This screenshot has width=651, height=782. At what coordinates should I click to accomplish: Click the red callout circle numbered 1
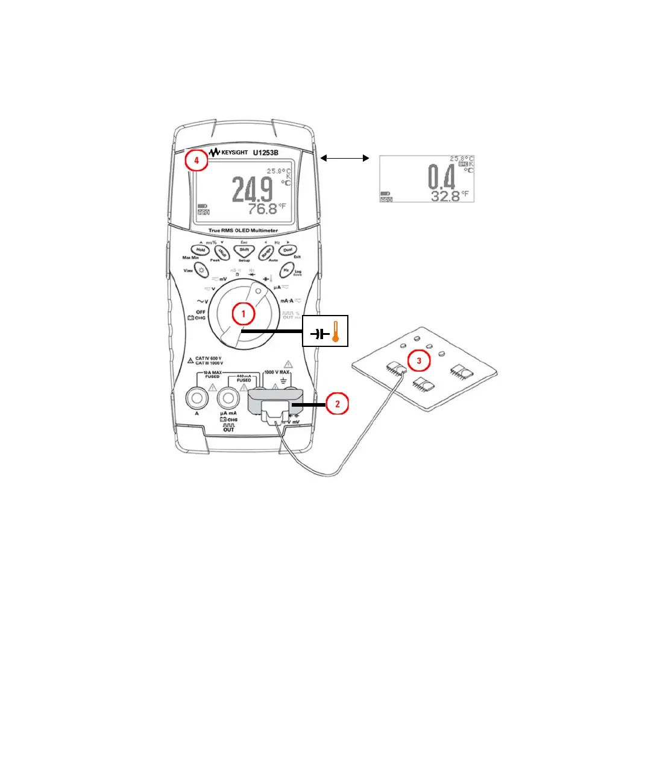[244, 314]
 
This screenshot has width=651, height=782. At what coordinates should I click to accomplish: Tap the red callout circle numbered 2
[337, 404]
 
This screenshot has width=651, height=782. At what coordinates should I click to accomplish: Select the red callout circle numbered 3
[419, 361]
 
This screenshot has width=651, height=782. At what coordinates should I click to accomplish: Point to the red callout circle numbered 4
[197, 161]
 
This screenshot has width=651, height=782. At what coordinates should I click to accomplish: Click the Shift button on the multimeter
[244, 250]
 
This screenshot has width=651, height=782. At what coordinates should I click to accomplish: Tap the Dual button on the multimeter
[288, 250]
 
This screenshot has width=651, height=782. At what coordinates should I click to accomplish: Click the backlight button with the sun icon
[201, 270]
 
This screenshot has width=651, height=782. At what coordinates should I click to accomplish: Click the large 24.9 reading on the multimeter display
[253, 189]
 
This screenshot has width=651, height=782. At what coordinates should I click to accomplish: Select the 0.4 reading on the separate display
[441, 177]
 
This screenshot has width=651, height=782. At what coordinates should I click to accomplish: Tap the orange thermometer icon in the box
[336, 331]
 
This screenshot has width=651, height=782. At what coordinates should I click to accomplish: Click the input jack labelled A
[197, 398]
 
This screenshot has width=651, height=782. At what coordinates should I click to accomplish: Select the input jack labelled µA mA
[228, 398]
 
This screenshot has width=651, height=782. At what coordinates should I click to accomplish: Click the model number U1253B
[265, 153]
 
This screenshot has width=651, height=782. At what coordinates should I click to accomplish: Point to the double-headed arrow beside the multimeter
[344, 158]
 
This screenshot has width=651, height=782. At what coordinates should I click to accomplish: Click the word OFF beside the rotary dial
[201, 312]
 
